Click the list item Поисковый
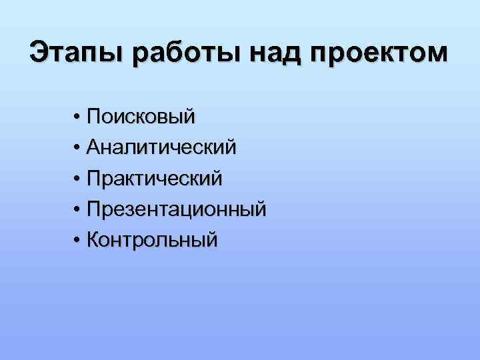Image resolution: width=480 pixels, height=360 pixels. (141, 117)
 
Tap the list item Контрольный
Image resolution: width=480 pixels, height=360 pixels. (153, 239)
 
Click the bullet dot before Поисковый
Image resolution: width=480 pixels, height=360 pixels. (78, 118)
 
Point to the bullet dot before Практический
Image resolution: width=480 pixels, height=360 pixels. (78, 179)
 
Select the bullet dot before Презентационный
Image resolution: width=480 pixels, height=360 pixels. (78, 210)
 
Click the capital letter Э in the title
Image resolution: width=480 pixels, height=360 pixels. (39, 53)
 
